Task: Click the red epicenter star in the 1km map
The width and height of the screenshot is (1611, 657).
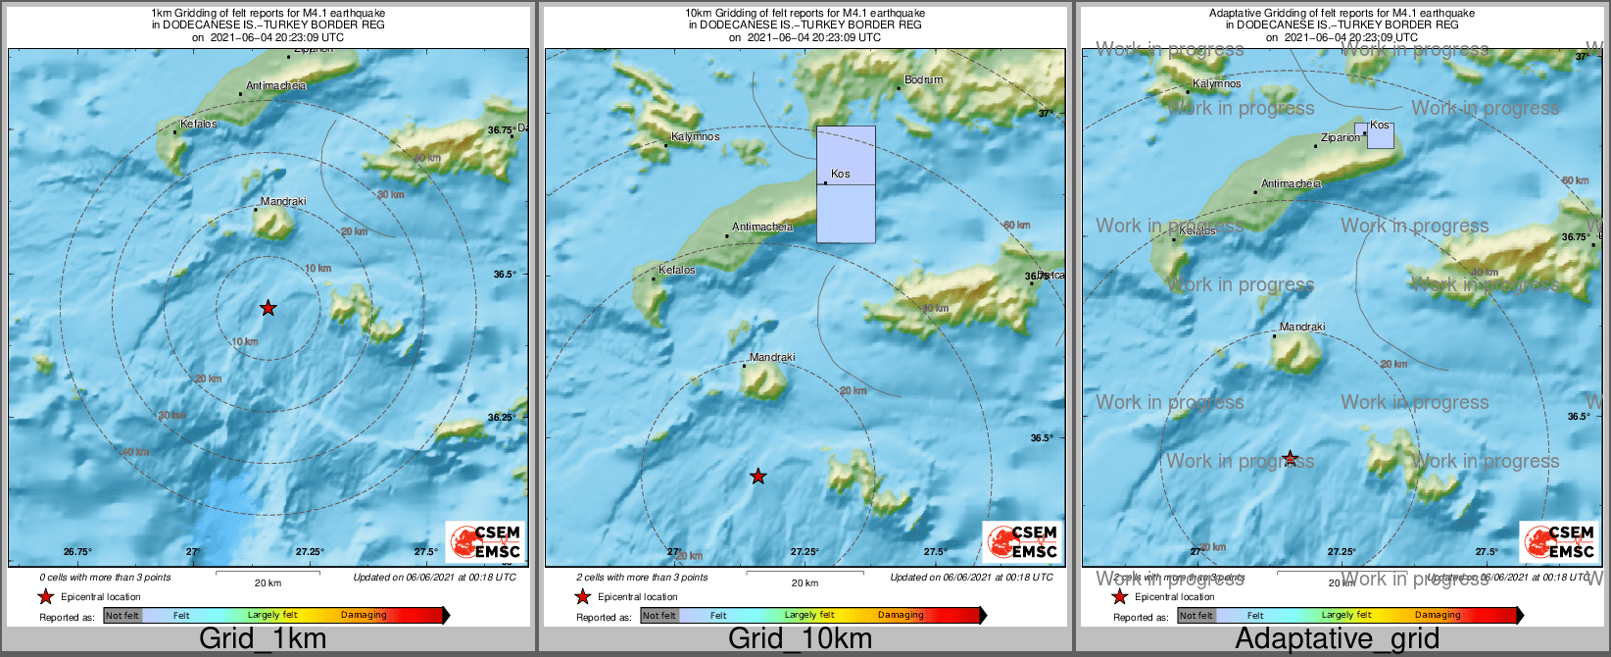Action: (268, 308)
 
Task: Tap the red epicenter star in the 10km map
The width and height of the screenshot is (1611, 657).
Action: (757, 477)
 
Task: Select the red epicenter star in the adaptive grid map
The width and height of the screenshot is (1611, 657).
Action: (1291, 458)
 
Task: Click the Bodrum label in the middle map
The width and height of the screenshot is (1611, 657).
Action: (923, 80)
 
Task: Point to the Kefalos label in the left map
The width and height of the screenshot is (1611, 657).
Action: (198, 125)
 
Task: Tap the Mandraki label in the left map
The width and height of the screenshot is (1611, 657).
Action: (283, 202)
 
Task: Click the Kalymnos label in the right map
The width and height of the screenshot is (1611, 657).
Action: (1217, 84)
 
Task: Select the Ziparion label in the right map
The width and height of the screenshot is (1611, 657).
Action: (1341, 138)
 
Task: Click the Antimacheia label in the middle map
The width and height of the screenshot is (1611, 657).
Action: (762, 227)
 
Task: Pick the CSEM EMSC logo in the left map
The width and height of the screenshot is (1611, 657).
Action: (484, 541)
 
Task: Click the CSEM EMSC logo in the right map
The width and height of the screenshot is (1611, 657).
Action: (1558, 541)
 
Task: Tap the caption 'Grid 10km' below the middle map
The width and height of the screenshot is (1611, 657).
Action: (800, 639)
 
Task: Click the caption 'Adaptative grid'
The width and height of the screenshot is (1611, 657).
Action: (1337, 639)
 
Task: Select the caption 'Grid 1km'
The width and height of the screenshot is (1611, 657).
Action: (263, 639)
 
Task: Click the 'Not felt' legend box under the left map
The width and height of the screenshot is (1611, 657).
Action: (122, 616)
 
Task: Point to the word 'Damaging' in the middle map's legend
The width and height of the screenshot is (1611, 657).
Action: (901, 616)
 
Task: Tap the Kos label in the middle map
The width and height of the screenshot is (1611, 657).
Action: (840, 175)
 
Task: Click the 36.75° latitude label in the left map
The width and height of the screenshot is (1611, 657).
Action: (502, 130)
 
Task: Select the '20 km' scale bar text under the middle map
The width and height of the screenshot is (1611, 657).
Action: (805, 583)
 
